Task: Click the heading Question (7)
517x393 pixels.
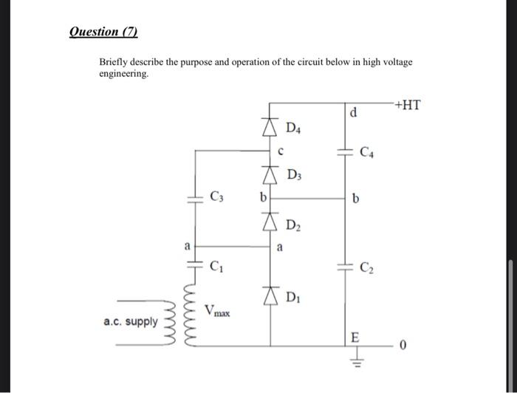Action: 103,32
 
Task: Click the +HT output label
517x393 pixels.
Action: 407,105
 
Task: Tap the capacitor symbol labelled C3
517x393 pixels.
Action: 194,198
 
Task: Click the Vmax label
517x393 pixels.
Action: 218,311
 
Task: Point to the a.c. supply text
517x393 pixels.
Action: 130,322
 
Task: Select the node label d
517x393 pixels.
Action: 353,114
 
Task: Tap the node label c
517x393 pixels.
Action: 281,152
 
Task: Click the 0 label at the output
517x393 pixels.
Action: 404,345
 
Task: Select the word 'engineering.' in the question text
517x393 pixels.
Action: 124,75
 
